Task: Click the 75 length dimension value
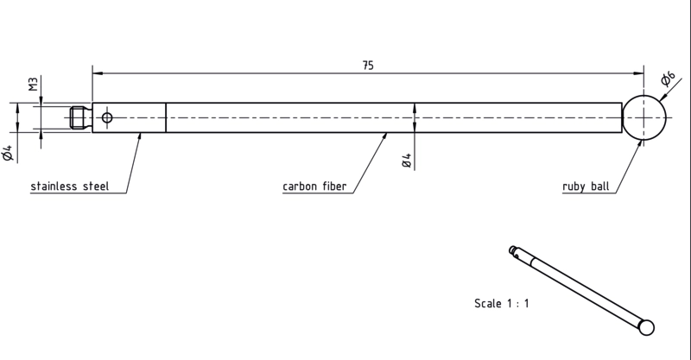point(368,66)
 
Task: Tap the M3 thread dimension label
point(34,84)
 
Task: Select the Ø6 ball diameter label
point(668,79)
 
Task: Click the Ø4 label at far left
point(8,153)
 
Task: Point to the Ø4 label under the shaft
point(407,161)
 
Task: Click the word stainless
point(54,186)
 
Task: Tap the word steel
point(96,186)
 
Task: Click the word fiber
point(334,186)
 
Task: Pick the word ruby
point(574,186)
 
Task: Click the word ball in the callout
point(600,186)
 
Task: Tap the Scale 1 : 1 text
point(502,303)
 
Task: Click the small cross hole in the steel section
point(107,117)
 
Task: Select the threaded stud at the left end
point(81,117)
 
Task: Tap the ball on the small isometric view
point(646,327)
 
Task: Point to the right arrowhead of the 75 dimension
point(638,73)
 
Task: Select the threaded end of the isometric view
point(512,249)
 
